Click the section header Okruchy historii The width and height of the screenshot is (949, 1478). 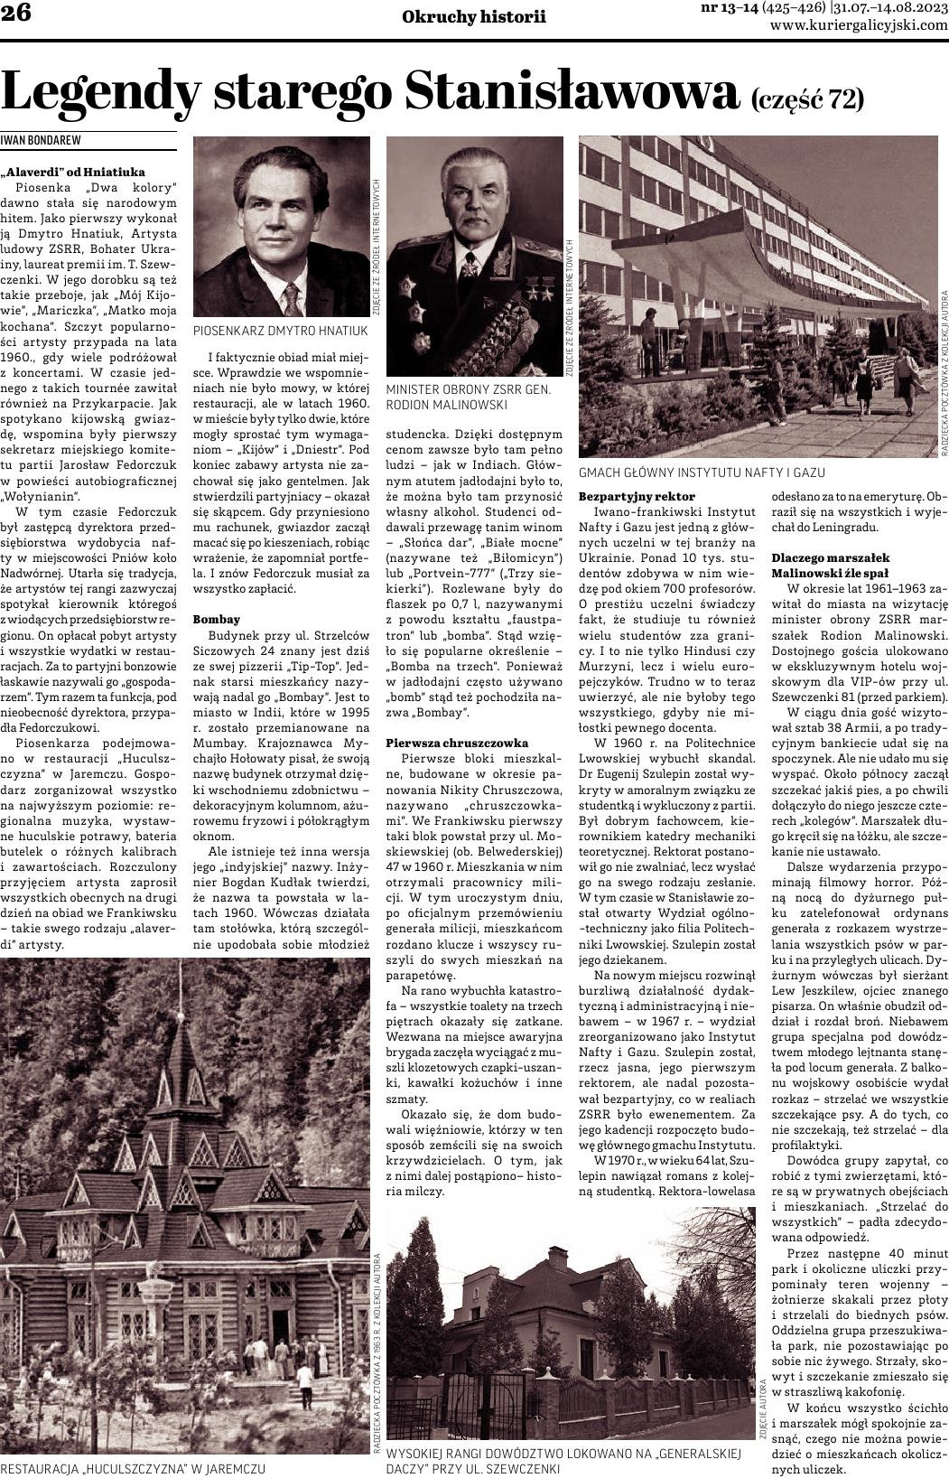474,15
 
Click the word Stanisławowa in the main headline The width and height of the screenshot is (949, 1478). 572,90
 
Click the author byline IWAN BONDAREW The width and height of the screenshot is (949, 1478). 40,141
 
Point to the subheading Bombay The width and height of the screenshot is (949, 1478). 217,619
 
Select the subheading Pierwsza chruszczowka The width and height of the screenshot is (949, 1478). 457,741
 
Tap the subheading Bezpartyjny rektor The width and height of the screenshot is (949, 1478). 637,496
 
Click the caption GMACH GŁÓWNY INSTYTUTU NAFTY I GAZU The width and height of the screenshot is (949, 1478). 702,472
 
